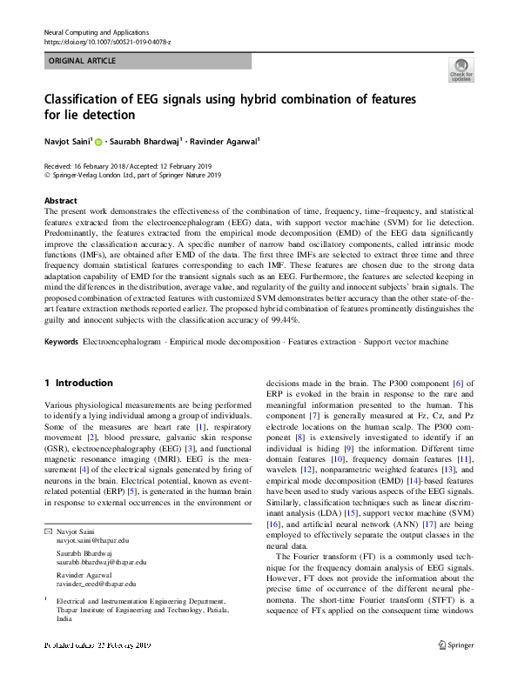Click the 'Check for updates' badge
(461, 70)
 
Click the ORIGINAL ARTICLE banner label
(81, 61)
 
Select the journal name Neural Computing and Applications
(96, 31)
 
